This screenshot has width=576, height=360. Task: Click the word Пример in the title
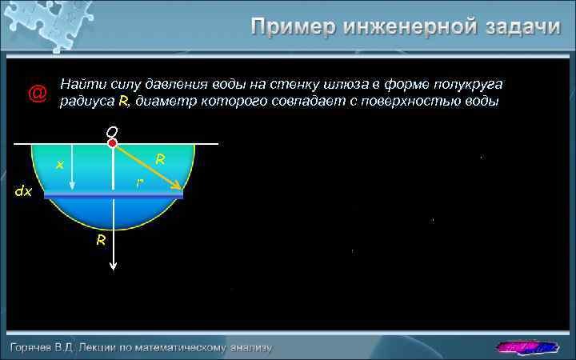pyautogui.click(x=293, y=27)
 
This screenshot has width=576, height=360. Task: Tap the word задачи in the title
pyautogui.click(x=520, y=27)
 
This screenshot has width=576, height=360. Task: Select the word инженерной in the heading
pyautogui.click(x=408, y=27)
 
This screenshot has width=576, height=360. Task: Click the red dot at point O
pyautogui.click(x=113, y=143)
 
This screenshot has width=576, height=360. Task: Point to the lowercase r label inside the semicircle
pyautogui.click(x=139, y=183)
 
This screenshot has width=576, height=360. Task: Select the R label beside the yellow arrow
pyautogui.click(x=160, y=160)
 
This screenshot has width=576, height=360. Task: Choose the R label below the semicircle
pyautogui.click(x=101, y=240)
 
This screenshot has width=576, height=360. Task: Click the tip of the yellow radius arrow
pyautogui.click(x=180, y=190)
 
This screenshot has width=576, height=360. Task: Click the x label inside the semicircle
pyautogui.click(x=58, y=165)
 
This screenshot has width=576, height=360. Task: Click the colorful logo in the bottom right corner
pyautogui.click(x=526, y=346)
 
